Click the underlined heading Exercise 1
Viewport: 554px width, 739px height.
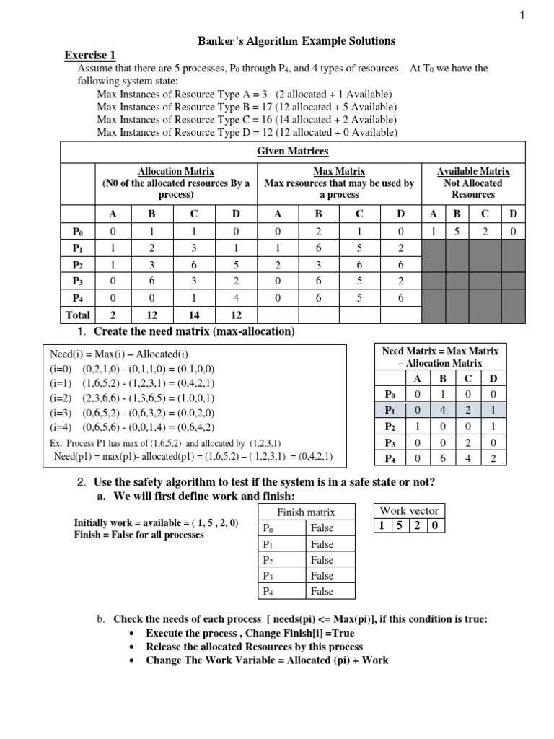click(x=90, y=56)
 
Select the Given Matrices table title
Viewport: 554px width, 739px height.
click(x=293, y=152)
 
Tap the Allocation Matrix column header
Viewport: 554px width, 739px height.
click(x=177, y=171)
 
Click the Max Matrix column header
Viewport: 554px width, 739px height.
click(x=339, y=171)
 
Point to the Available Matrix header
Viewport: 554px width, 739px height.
click(x=473, y=171)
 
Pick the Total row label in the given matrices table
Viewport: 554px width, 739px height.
click(x=78, y=315)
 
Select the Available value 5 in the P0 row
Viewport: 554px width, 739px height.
click(x=455, y=232)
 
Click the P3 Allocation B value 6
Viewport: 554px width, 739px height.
click(x=151, y=281)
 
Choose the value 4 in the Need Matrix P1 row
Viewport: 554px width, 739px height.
click(x=443, y=410)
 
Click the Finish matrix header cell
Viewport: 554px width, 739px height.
click(x=306, y=512)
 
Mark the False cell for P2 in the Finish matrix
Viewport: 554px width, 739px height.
click(x=322, y=560)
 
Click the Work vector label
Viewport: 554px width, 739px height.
click(x=409, y=510)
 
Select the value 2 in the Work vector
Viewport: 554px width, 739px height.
click(x=417, y=525)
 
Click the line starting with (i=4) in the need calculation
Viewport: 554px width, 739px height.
click(x=133, y=427)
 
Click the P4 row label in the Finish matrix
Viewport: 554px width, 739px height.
click(x=268, y=592)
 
